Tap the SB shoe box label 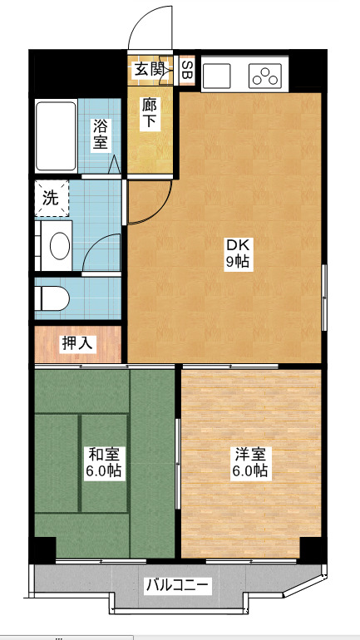tap(187, 70)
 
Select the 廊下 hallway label tap(148, 115)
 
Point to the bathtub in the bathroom tap(56, 136)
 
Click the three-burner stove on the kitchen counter tap(265, 76)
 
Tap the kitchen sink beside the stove tap(217, 76)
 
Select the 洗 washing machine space tap(52, 199)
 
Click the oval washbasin tap(60, 246)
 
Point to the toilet tap(52, 298)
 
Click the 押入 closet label tap(78, 344)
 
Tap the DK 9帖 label tap(238, 254)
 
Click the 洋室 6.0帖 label tap(250, 462)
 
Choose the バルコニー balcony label tap(178, 586)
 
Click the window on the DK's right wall tap(324, 298)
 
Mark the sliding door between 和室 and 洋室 tap(178, 464)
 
